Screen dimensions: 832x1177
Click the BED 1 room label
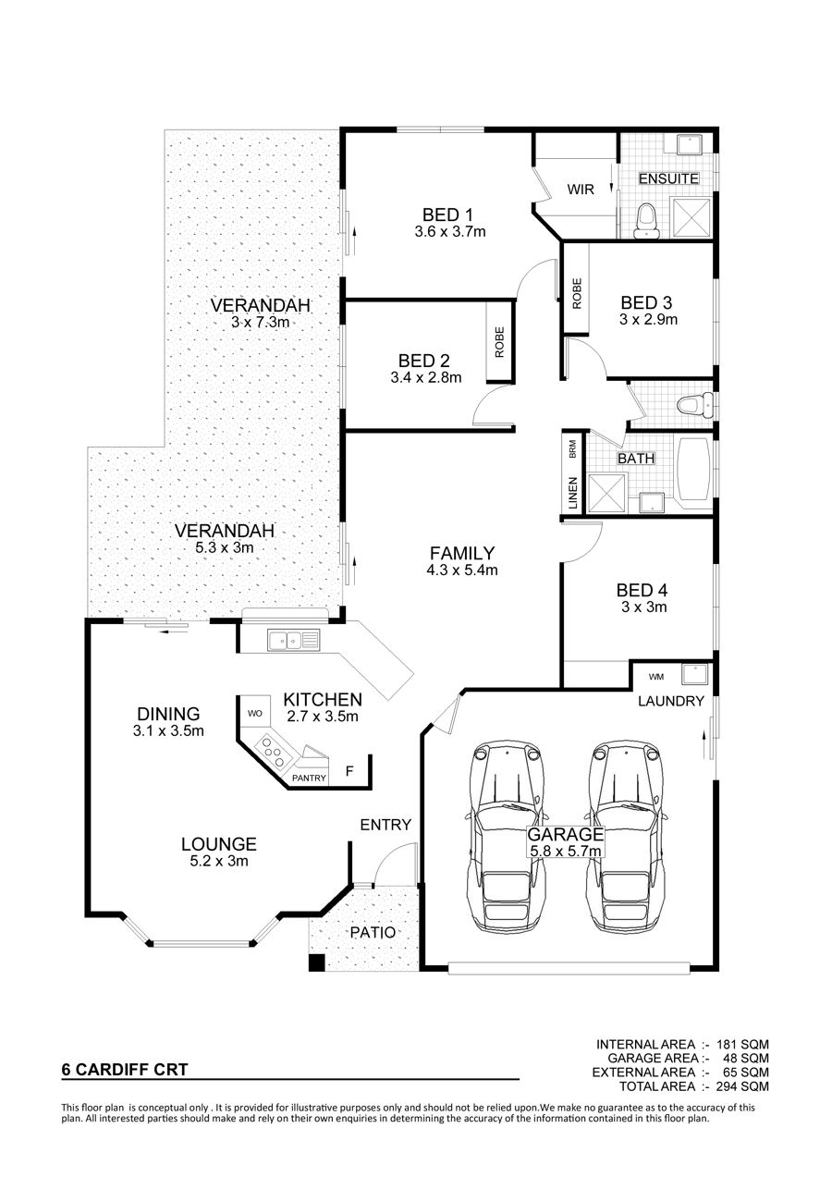(447, 215)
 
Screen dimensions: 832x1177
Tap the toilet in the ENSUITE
(645, 221)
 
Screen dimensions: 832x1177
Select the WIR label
(581, 190)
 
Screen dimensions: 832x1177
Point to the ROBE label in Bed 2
(499, 342)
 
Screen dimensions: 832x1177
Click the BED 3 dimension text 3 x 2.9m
(648, 320)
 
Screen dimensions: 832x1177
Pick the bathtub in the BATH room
(694, 470)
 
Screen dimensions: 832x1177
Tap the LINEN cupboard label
(572, 494)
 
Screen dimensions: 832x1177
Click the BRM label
(572, 448)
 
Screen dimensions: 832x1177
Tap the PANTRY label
(309, 779)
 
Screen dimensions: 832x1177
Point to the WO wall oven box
(255, 714)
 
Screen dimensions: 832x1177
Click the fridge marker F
(349, 771)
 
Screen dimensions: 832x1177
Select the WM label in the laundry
(656, 677)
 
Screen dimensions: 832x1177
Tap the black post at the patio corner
(317, 962)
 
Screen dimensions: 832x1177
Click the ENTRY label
(385, 825)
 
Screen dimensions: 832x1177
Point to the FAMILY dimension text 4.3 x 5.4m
(462, 570)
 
